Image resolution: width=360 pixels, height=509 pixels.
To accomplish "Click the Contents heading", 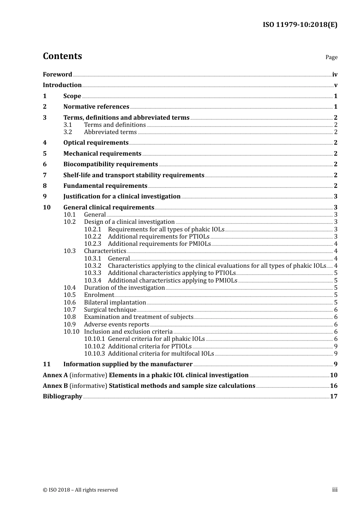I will click(x=62, y=56).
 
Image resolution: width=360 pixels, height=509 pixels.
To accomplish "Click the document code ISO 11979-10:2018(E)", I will click(x=300, y=25).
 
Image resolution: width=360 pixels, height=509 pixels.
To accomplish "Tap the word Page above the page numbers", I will click(x=331, y=57).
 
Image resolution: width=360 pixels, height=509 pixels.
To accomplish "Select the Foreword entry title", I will click(x=57, y=75).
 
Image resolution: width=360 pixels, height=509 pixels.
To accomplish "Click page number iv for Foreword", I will click(x=335, y=75).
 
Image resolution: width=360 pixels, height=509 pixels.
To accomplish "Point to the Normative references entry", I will click(x=96, y=107).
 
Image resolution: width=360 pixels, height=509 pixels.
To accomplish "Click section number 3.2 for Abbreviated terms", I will click(x=68, y=132).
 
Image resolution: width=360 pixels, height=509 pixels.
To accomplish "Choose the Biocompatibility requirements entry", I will click(x=110, y=164).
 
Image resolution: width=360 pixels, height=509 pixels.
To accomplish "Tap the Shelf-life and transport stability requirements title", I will click(x=134, y=175).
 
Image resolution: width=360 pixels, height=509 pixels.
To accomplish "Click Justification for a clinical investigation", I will click(x=122, y=197).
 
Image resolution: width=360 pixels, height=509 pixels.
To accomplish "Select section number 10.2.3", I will click(x=92, y=244).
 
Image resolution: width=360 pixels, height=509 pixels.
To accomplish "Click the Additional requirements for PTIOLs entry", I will click(x=158, y=237).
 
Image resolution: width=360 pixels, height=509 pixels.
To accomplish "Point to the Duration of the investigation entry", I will click(x=124, y=288).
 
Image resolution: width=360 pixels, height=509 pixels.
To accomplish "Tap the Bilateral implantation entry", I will click(x=115, y=303).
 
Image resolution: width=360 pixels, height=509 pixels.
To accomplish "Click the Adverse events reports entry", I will click(x=116, y=325).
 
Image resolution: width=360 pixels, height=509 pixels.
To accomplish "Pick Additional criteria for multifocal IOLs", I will click(x=161, y=354).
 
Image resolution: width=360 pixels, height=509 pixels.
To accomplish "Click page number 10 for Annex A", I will click(x=333, y=375).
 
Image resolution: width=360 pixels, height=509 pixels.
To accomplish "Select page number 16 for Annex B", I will click(x=333, y=386).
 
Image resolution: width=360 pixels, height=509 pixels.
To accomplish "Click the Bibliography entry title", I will click(x=63, y=397).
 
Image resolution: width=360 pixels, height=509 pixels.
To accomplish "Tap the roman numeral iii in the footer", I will click(x=335, y=490).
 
